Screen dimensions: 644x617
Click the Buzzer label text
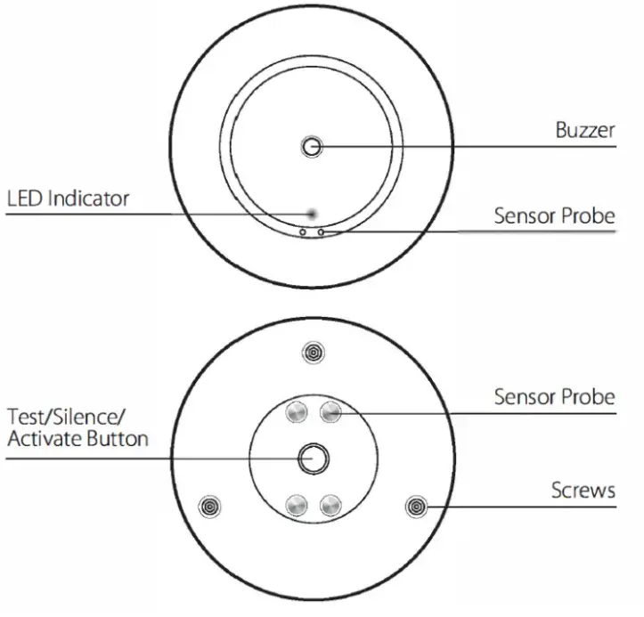coord(585,130)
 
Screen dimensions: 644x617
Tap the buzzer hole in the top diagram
coord(312,147)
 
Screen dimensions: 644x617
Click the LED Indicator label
coord(68,198)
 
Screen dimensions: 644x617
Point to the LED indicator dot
coord(311,213)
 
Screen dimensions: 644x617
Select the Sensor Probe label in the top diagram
coord(554,216)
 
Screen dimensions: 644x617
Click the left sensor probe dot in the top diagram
coord(303,232)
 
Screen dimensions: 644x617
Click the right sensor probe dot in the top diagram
coord(321,232)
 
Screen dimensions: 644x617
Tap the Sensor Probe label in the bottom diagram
coord(554,397)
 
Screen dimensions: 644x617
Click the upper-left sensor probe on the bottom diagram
coord(297,411)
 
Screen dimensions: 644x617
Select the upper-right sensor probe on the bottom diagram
coord(330,411)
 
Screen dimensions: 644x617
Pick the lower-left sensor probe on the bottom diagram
coord(297,505)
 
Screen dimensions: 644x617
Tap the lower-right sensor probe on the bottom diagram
coord(330,505)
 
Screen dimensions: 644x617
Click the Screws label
coord(583,490)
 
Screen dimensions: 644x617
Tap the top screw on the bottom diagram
coord(313,353)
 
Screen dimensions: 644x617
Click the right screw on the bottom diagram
coord(416,507)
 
